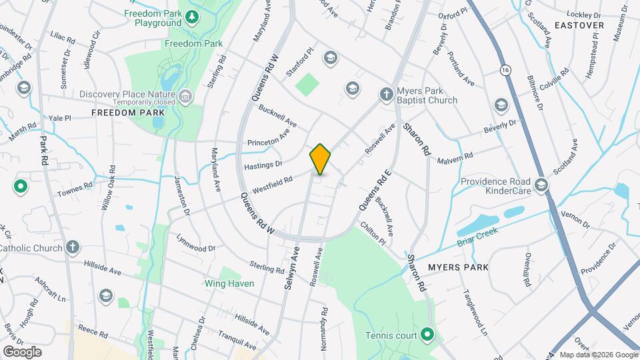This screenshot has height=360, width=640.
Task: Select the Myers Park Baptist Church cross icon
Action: (386, 95)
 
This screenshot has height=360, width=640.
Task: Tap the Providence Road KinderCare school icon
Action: (541, 185)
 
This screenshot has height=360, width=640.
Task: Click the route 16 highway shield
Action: (507, 69)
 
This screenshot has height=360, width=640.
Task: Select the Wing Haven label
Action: (229, 283)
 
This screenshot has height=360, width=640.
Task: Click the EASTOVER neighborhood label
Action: (579, 25)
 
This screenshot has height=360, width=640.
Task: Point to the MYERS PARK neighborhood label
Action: (458, 267)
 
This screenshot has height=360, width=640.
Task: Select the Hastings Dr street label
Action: (265, 163)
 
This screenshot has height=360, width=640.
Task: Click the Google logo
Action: (22, 351)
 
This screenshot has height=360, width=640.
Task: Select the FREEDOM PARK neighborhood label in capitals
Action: (128, 113)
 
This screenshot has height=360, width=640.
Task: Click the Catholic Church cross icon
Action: (73, 248)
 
